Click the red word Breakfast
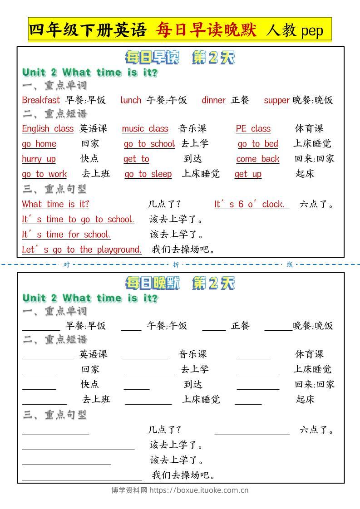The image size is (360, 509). click(x=41, y=100)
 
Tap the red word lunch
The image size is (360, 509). click(x=131, y=100)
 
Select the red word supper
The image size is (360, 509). click(x=277, y=100)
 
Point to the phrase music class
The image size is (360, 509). click(x=145, y=129)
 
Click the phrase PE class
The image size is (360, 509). click(x=253, y=129)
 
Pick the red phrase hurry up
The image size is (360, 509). click(x=39, y=159)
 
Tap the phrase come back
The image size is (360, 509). click(x=257, y=159)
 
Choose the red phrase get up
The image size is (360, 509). click(x=248, y=174)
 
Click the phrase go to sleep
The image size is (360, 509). click(x=148, y=174)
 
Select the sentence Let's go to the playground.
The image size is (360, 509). click(x=82, y=250)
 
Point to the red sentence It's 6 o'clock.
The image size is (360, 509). click(x=251, y=205)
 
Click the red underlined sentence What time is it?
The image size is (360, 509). click(x=55, y=205)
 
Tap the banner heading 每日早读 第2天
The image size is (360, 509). click(x=180, y=58)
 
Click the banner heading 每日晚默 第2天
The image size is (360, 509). click(x=180, y=284)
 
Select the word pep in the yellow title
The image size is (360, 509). click(x=312, y=30)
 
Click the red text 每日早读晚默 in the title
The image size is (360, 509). click(x=207, y=30)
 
